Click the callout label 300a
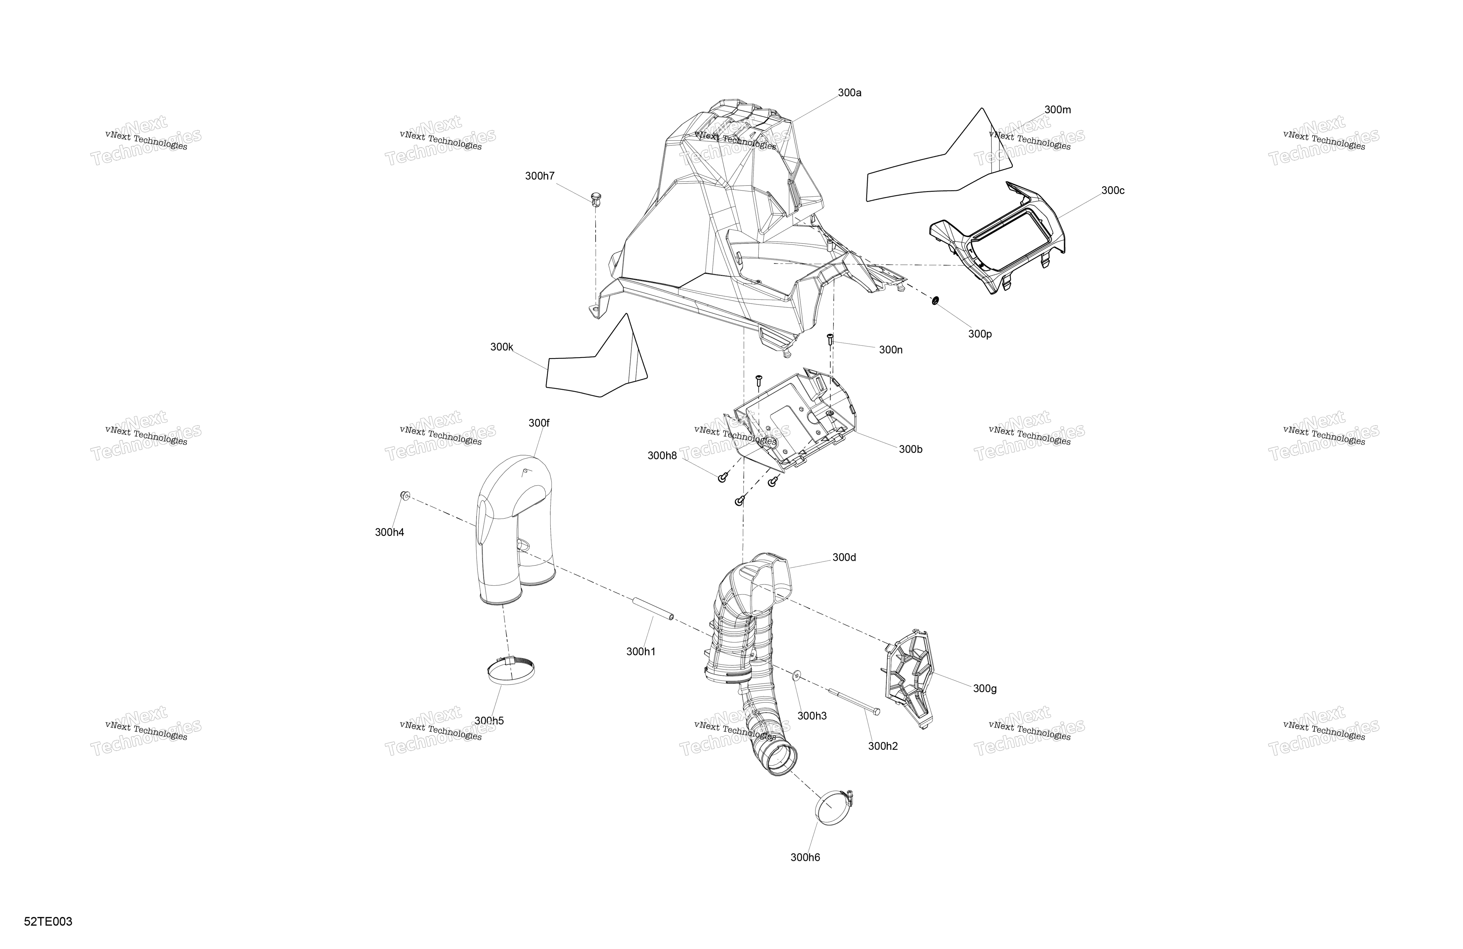[x=849, y=93]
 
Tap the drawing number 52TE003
[x=48, y=921]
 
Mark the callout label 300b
[x=910, y=450]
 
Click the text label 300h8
[x=662, y=456]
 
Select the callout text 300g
[x=985, y=689]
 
